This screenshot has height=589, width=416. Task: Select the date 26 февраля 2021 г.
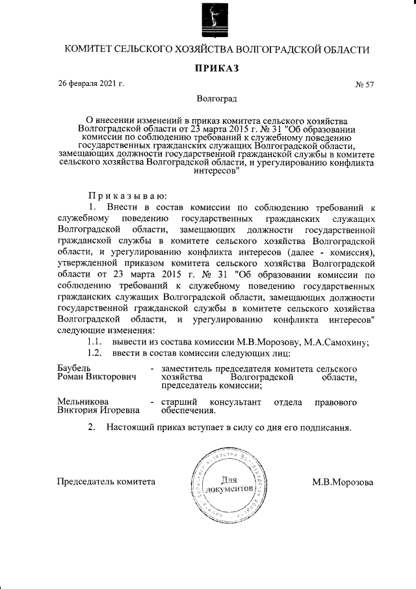tap(91, 84)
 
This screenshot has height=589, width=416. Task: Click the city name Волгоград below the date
tap(217, 99)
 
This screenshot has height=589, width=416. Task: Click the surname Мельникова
tap(83, 402)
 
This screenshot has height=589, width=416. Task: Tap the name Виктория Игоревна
tap(98, 411)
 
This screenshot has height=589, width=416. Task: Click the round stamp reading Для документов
tap(225, 484)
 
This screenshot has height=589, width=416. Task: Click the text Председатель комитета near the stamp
tap(107, 482)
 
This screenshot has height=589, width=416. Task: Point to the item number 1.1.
tap(96, 343)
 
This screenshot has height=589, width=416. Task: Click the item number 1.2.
tap(96, 353)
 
